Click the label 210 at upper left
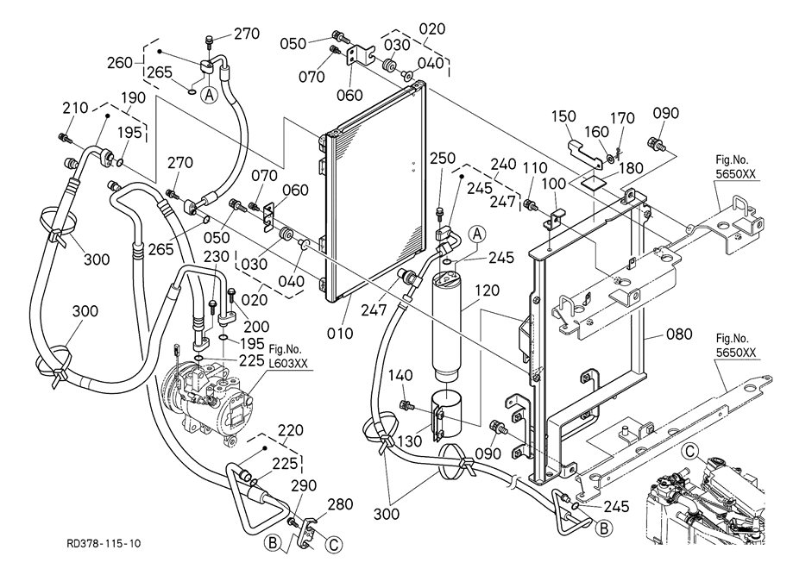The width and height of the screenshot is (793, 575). click(74, 108)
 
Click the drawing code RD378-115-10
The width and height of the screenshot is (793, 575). click(104, 544)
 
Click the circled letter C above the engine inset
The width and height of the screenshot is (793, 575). click(690, 450)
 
